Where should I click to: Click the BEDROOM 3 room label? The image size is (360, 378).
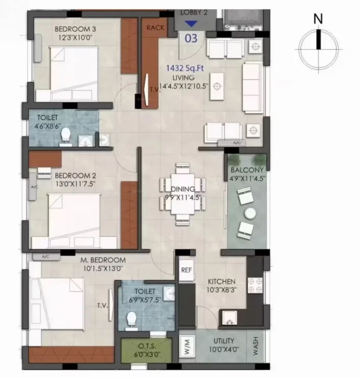click(x=75, y=29)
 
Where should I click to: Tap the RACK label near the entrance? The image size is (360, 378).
click(x=155, y=28)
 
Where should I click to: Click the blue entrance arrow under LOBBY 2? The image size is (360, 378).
click(x=191, y=23)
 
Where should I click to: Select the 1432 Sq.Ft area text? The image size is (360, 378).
click(x=185, y=68)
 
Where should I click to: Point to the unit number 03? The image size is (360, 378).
click(x=191, y=38)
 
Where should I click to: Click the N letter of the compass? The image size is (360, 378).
click(x=318, y=18)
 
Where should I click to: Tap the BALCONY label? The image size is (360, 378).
click(x=247, y=170)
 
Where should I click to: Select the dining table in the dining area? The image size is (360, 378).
click(x=183, y=194)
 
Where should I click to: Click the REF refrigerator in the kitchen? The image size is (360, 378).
click(x=186, y=270)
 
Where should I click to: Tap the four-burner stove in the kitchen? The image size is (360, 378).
click(x=255, y=286)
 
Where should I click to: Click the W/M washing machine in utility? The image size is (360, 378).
click(x=187, y=346)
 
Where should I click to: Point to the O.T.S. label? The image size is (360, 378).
click(x=147, y=346)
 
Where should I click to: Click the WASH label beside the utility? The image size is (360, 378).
click(x=255, y=346)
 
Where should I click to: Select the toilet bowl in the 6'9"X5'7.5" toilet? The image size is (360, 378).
click(x=132, y=319)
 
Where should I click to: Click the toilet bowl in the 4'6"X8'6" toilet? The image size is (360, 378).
click(x=66, y=135)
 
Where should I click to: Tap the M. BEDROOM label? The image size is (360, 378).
click(x=103, y=260)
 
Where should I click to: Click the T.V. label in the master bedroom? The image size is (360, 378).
click(x=102, y=306)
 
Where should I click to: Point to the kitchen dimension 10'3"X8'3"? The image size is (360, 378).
click(x=222, y=290)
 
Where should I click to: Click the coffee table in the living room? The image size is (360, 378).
click(x=217, y=86)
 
